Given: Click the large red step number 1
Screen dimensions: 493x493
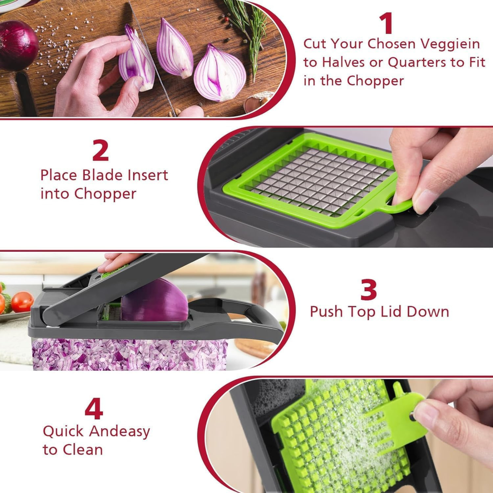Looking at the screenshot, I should (386, 23).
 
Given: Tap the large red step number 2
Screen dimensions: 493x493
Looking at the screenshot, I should (100, 151).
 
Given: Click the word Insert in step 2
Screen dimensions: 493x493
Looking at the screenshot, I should (147, 175).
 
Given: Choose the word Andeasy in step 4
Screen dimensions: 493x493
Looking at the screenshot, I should (119, 431).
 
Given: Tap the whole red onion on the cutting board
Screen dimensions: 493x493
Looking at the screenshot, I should (17, 45).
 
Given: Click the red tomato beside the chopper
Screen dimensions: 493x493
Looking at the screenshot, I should (22, 302).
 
